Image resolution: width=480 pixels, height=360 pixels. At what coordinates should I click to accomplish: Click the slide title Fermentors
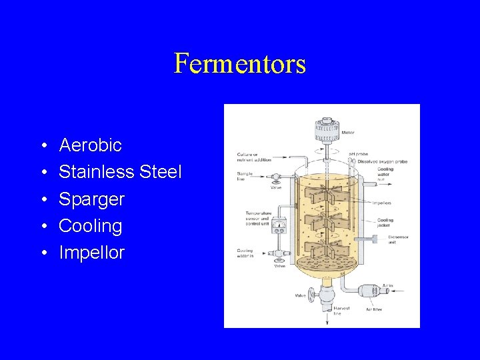pos(240,64)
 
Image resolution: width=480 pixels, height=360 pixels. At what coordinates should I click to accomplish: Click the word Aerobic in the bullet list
pos(90,145)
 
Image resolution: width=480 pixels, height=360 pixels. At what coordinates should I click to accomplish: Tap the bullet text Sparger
pos(91,199)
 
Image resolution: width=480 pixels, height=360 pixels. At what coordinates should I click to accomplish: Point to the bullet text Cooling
pos(90,226)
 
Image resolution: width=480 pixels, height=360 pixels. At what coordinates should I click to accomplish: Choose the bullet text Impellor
pos(91,253)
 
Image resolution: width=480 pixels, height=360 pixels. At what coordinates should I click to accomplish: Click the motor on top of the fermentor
pos(327,126)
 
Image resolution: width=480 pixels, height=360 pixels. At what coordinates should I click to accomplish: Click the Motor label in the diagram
pos(348,133)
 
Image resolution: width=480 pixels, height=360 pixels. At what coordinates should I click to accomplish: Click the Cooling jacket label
pos(385,223)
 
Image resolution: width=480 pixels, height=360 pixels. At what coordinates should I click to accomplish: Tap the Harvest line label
pos(341,310)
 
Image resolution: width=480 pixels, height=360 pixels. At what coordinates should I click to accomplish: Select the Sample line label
pos(243,177)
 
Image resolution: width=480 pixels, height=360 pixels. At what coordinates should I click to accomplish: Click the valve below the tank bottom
pos(326,293)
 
